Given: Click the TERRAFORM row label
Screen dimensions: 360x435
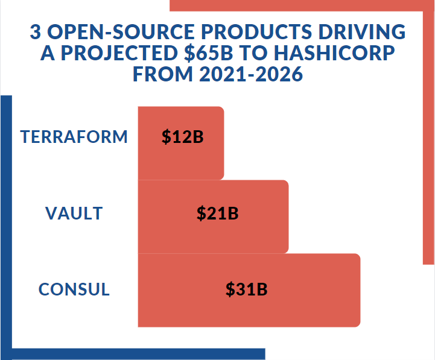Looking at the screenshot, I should [74, 137].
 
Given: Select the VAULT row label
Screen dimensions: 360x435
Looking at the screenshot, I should [74, 213].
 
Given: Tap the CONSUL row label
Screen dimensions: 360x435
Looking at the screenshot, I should [74, 289].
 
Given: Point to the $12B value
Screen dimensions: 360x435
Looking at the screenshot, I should [183, 137].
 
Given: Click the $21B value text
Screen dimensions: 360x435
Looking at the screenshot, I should [218, 213].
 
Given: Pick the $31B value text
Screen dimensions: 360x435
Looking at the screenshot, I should [247, 289].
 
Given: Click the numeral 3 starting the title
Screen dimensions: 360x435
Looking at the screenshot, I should [34, 32].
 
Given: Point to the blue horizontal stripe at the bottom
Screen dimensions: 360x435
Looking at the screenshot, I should [139, 354].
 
